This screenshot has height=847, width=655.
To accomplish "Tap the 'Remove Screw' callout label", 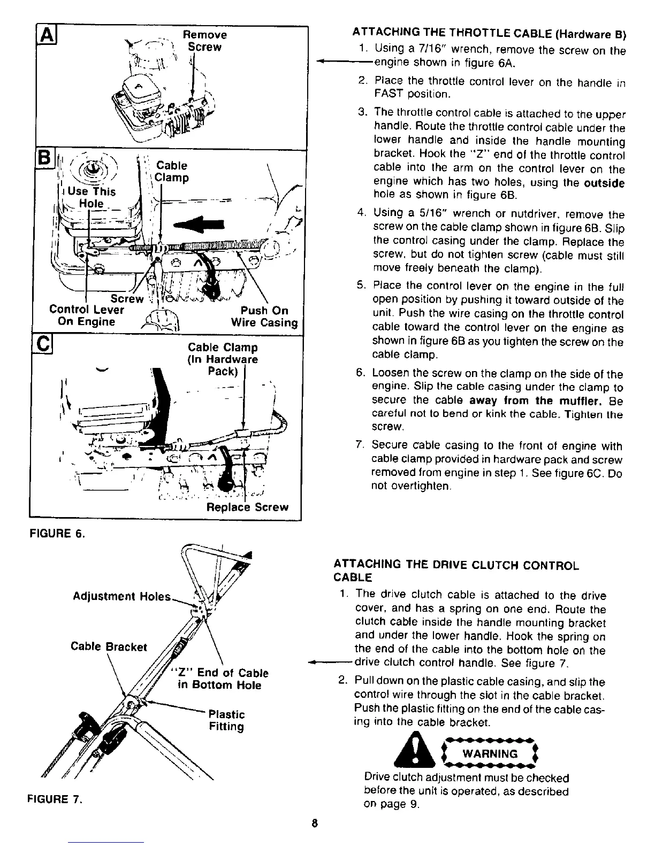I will click(204, 41).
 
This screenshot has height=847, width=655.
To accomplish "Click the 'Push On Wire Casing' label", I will click(264, 317).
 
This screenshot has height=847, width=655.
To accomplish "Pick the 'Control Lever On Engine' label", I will click(86, 315).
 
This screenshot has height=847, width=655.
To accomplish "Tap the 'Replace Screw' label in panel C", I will click(247, 507).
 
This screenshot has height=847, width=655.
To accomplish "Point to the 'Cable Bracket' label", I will click(109, 646).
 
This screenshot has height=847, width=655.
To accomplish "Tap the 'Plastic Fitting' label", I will click(226, 720).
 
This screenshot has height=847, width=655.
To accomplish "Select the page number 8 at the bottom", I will click(315, 823).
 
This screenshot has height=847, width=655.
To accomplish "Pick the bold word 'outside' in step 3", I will click(604, 183).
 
